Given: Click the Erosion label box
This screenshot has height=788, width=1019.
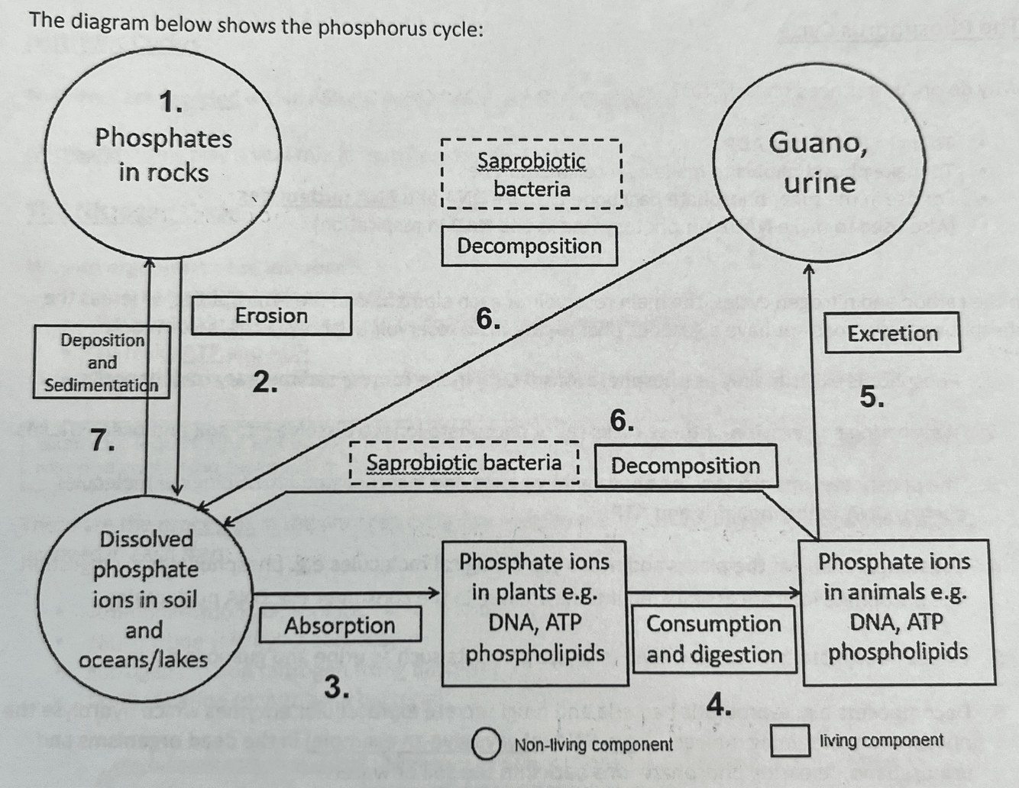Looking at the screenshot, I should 271,316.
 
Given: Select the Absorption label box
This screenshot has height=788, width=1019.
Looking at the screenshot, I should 340,625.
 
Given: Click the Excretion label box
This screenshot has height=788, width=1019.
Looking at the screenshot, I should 892,334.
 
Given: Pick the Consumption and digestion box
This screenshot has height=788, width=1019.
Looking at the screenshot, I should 713,639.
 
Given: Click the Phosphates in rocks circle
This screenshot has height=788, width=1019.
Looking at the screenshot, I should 163,153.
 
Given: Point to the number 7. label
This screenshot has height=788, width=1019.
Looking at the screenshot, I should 103,441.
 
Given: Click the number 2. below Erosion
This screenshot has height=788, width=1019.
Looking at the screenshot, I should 264,382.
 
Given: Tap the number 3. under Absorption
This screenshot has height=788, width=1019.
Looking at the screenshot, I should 336,688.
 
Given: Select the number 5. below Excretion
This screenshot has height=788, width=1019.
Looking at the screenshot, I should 872,398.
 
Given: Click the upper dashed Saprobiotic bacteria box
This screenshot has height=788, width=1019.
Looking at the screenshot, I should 532,174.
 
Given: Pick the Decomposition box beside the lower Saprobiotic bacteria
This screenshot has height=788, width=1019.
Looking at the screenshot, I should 685,466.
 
